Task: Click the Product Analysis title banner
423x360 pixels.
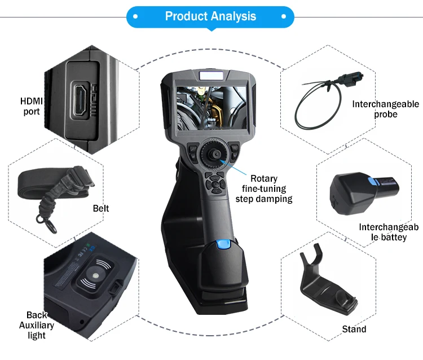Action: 210,16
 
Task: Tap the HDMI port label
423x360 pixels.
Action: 32,106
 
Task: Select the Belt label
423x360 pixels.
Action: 101,209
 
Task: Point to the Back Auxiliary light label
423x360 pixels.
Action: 37,326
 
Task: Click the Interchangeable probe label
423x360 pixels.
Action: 386,109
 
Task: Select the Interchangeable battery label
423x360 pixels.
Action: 389,232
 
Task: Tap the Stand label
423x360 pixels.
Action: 354,329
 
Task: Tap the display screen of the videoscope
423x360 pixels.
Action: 211,107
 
